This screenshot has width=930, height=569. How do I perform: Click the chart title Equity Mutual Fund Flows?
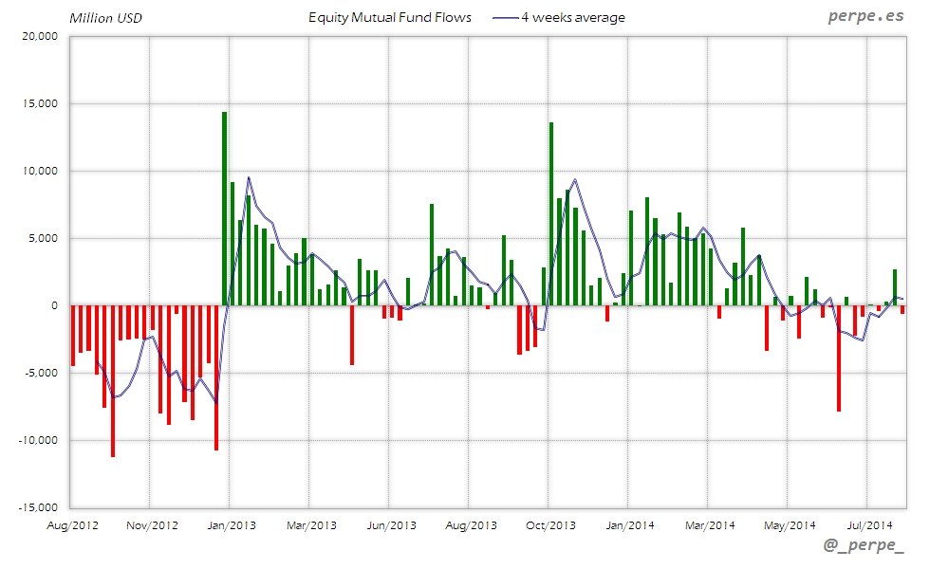pyautogui.click(x=390, y=17)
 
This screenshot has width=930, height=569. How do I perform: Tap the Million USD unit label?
pyautogui.click(x=105, y=17)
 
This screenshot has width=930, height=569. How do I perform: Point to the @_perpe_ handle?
pyautogui.click(x=864, y=547)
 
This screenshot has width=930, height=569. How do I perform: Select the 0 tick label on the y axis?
pyautogui.click(x=55, y=305)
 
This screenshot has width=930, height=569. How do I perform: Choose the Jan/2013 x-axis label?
pyautogui.click(x=231, y=524)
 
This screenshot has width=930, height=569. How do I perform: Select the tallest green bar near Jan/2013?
pyautogui.click(x=224, y=209)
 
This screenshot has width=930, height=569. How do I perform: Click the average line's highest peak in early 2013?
pyautogui.click(x=249, y=177)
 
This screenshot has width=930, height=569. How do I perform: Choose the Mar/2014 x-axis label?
pyautogui.click(x=709, y=524)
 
